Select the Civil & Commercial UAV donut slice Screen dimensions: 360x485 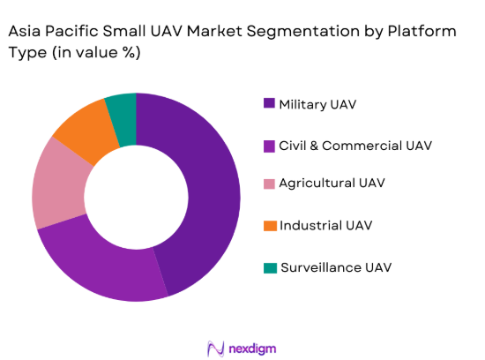point(98,266)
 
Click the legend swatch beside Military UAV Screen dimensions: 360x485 point(269,104)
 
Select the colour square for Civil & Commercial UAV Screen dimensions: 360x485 point(269,145)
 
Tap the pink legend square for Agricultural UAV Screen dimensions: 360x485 point(269,184)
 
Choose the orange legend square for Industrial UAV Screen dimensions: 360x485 point(269,226)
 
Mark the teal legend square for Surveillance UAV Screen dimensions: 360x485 point(269,266)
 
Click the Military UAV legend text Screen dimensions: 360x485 point(319,104)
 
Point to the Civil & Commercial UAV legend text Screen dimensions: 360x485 point(355,145)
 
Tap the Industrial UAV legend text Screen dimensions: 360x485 point(325,226)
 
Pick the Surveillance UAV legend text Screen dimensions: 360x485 point(335,266)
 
